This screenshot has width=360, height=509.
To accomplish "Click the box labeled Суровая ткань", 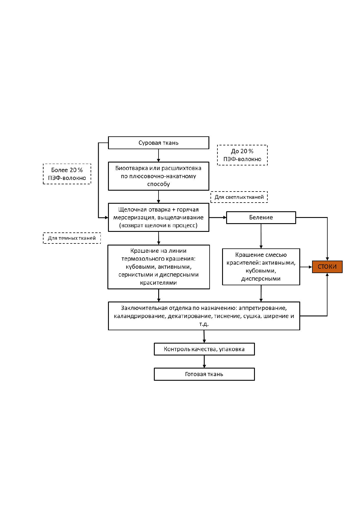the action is pyautogui.click(x=159, y=143).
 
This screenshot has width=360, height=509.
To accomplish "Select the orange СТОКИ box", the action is pyautogui.click(x=327, y=267).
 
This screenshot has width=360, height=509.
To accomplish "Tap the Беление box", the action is pyautogui.click(x=261, y=218).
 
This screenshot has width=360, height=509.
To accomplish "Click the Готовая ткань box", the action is pyautogui.click(x=204, y=374).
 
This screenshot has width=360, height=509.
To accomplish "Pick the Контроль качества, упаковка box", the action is pyautogui.click(x=204, y=349).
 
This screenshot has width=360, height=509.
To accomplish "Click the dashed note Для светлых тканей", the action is pyautogui.click(x=239, y=197).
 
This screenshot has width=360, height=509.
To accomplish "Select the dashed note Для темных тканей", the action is pyautogui.click(x=72, y=238).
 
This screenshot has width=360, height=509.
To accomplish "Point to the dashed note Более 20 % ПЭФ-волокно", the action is pyautogui.click(x=67, y=174).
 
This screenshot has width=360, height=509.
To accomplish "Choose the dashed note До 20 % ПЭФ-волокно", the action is pyautogui.click(x=242, y=155).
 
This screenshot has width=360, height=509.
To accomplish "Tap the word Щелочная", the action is pyautogui.click(x=131, y=210).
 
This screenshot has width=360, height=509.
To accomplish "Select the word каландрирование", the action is pyautogui.click(x=140, y=316).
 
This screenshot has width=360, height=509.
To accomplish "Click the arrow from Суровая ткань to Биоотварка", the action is pyautogui.click(x=159, y=156).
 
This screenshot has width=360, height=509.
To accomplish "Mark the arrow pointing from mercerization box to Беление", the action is pyautogui.click(x=218, y=217).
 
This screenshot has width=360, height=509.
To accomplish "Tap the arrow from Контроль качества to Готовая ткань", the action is pyautogui.click(x=204, y=362).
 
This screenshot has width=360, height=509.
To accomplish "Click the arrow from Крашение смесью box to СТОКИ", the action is pyautogui.click(x=306, y=267).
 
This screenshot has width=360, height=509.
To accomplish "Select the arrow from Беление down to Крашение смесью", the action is pyautogui.click(x=261, y=236).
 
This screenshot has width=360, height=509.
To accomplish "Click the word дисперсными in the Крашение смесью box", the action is pyautogui.click(x=261, y=279).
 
